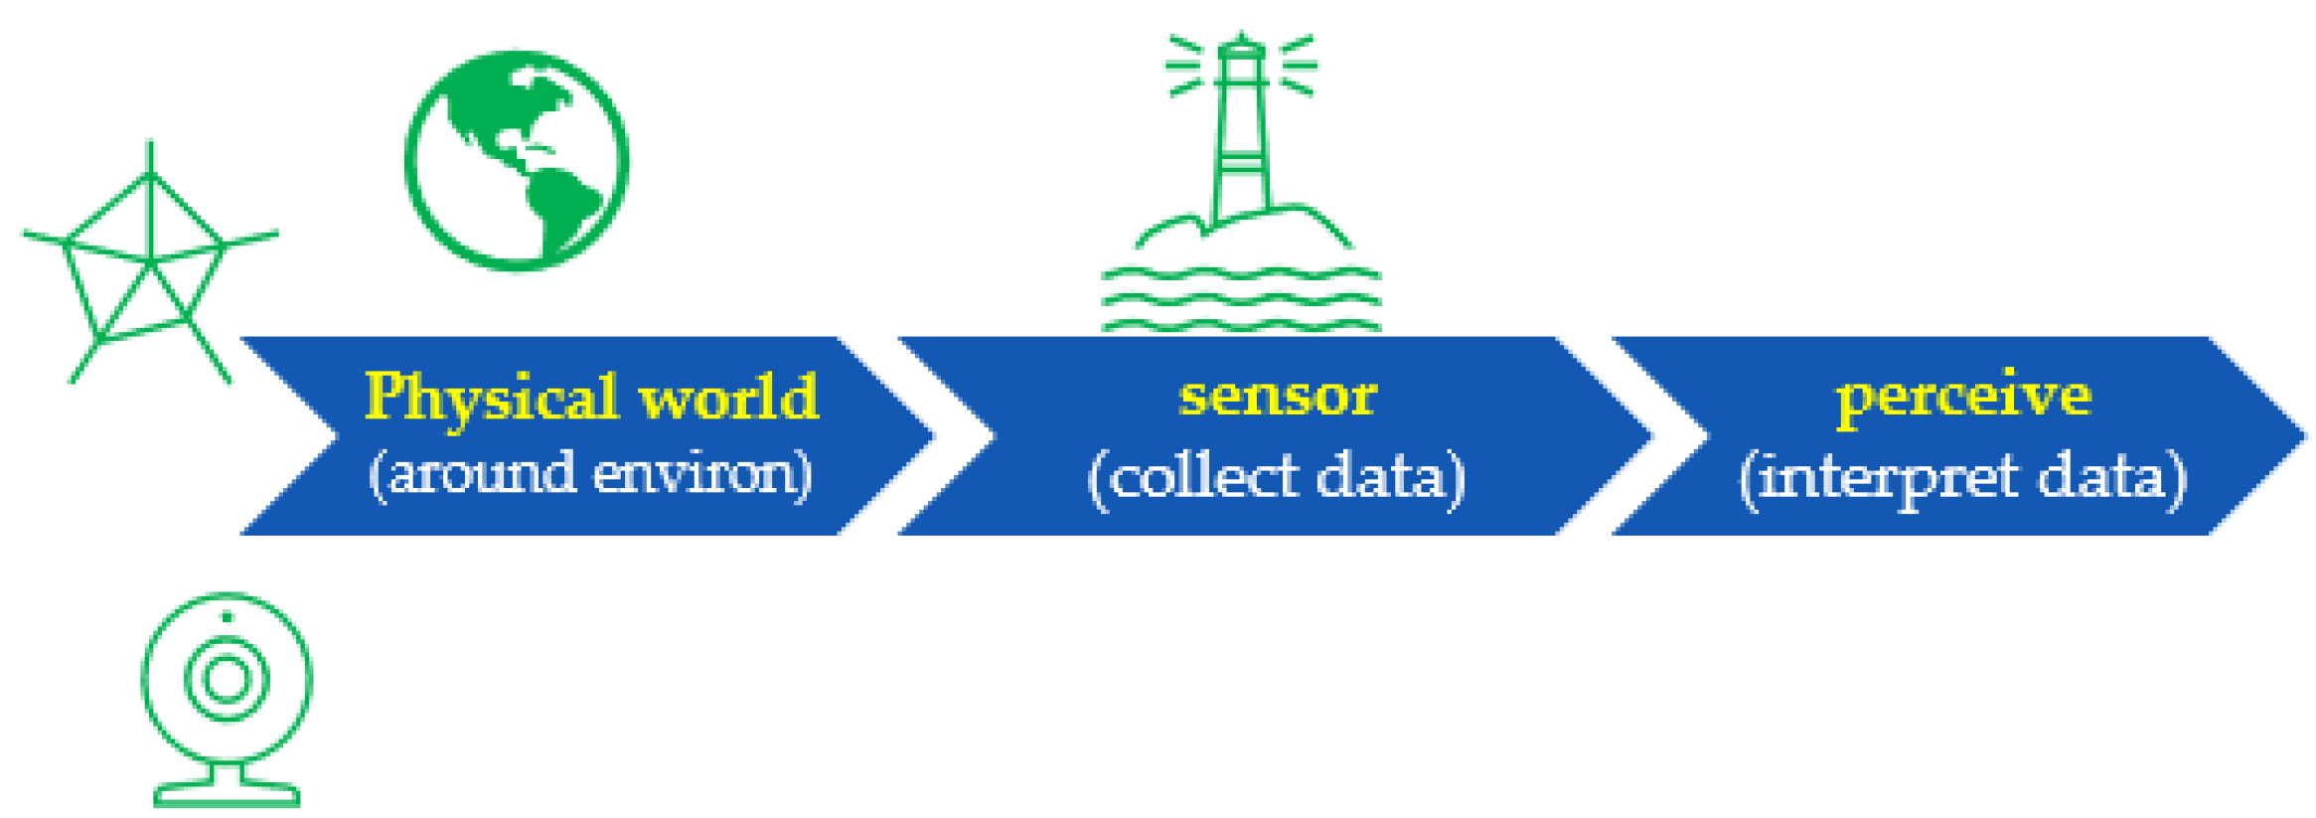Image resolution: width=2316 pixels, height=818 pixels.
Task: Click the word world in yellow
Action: tap(728, 398)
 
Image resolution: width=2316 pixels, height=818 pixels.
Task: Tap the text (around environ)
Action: tap(590, 474)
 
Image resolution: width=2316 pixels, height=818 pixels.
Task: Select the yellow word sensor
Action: tap(1278, 396)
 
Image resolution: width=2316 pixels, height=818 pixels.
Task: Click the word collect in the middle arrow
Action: tap(1203, 477)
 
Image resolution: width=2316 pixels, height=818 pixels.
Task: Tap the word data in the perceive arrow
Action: tap(2099, 477)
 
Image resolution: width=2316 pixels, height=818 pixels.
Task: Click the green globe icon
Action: tap(517, 160)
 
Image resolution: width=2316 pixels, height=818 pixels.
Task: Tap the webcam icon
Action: tap(227, 696)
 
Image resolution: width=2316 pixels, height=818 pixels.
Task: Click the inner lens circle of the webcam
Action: tap(227, 680)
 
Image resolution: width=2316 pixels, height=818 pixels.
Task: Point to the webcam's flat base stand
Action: tap(227, 794)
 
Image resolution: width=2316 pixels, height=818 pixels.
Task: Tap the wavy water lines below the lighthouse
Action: tap(1241, 298)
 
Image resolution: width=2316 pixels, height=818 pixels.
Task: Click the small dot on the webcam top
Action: tap(227, 617)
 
